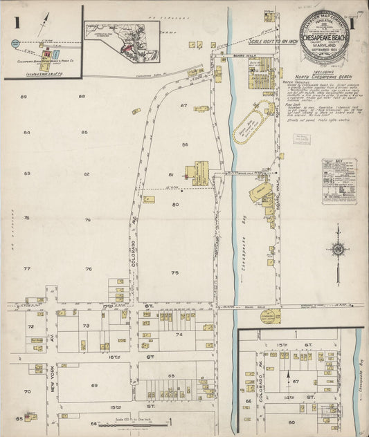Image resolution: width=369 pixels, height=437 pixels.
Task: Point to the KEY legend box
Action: [x=339, y=180]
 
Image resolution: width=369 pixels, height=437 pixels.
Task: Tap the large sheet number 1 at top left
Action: [x=16, y=21]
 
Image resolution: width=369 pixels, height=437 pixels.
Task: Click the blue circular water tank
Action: [x=15, y=44]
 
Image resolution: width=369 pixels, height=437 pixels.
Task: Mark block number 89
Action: [x=24, y=96]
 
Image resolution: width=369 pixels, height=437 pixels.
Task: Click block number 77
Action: [x=26, y=268]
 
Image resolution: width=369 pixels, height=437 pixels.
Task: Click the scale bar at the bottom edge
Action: [x=132, y=424]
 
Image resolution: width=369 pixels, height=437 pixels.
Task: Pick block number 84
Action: [x=26, y=132]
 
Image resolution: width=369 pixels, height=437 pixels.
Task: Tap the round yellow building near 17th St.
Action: [x=270, y=317]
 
